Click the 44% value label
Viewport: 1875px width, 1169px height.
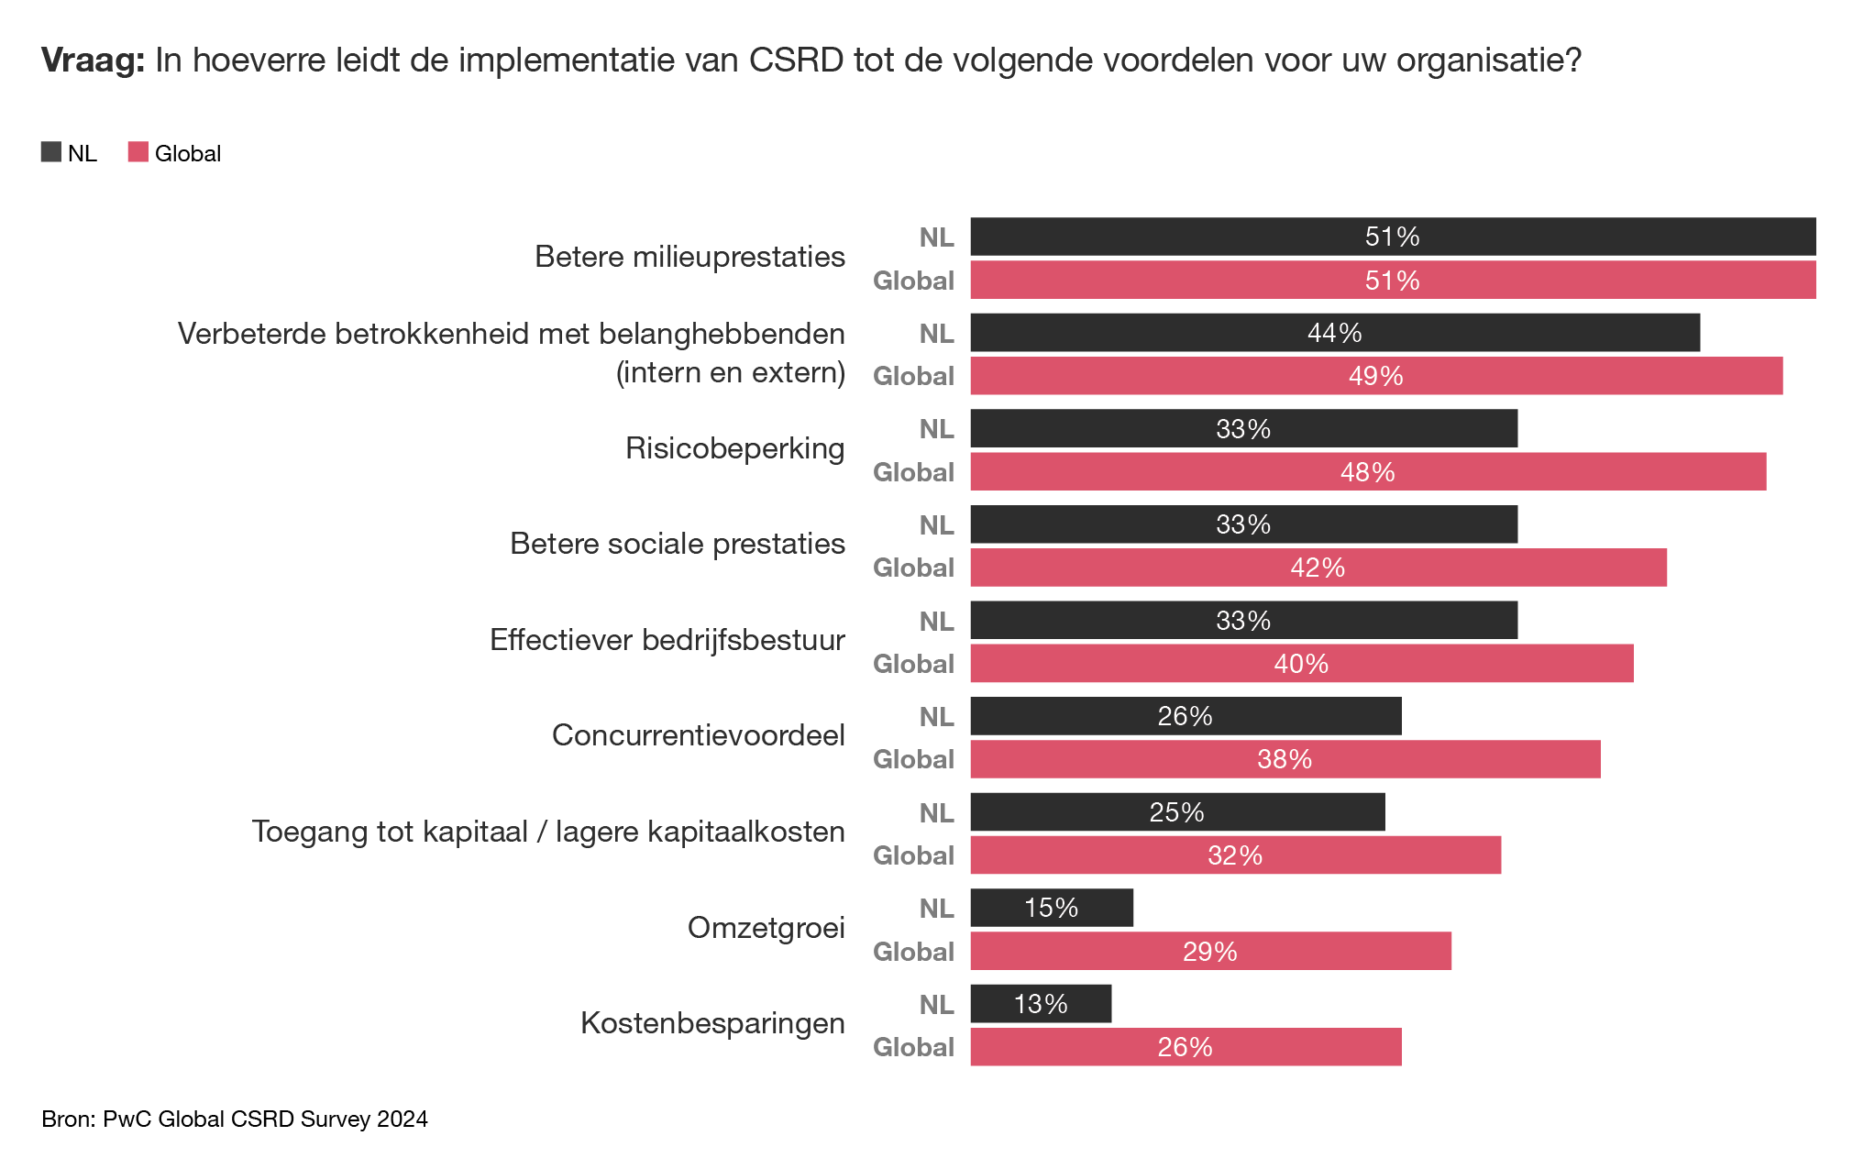1334,333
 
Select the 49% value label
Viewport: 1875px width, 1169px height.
1375,376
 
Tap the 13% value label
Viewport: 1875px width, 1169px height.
1041,1004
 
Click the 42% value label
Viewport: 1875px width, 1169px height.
1318,568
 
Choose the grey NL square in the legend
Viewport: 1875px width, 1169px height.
51,152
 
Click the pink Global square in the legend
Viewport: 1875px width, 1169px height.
138,152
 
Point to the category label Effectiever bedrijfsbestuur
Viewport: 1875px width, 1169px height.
667,640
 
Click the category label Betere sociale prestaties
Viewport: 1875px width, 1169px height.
677,544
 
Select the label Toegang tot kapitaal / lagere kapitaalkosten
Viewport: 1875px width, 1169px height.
548,832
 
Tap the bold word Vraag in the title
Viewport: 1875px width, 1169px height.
93,61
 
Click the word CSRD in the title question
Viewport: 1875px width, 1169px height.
796,61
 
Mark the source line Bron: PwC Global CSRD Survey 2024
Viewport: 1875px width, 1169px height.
235,1119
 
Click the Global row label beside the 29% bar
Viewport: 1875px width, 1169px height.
913,952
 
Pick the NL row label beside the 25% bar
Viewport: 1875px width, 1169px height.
936,812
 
